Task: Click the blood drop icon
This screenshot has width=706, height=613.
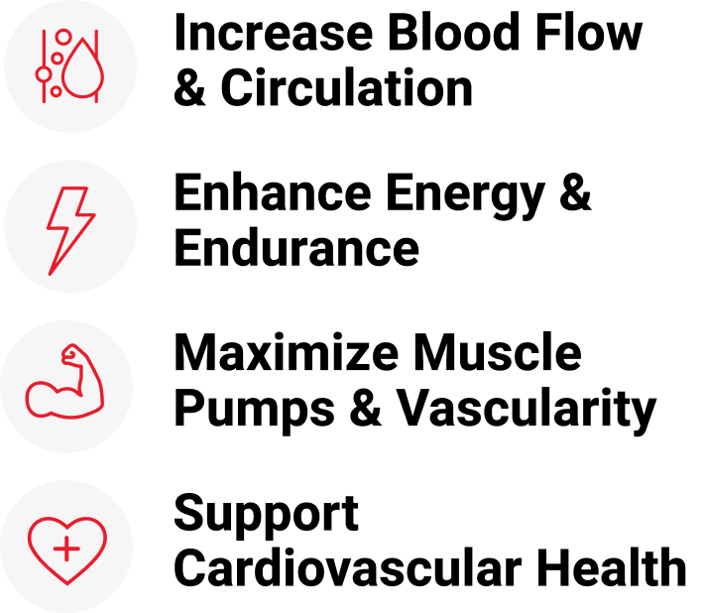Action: click(x=83, y=67)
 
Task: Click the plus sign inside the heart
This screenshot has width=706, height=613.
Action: click(x=66, y=549)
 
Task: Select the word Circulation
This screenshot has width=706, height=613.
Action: click(x=347, y=87)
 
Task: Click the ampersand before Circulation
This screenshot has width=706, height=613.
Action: click(x=190, y=87)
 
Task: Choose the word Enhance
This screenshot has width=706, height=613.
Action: click(x=273, y=192)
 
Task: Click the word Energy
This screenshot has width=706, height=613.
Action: click(x=466, y=197)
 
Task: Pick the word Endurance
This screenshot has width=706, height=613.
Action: click(x=296, y=247)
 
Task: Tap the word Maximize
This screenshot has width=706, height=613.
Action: click(x=287, y=352)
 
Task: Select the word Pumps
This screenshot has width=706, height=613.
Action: click(x=255, y=410)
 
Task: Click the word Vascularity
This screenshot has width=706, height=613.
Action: click(x=526, y=410)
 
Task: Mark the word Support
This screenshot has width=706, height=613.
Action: click(x=267, y=515)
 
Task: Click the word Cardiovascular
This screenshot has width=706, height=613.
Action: click(x=348, y=567)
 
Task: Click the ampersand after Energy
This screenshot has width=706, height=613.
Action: click(x=575, y=192)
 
